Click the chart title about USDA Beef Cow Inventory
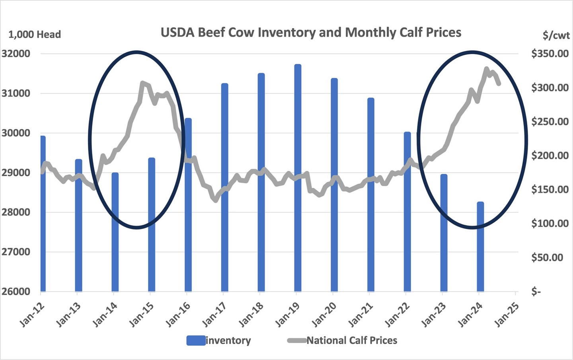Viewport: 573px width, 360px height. click(311, 32)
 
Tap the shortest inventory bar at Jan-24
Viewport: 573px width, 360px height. click(480, 247)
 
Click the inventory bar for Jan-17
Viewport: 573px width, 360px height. click(224, 187)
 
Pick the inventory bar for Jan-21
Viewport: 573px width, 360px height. click(370, 195)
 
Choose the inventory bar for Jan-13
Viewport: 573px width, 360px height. click(78, 225)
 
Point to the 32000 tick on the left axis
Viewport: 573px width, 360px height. click(16, 54)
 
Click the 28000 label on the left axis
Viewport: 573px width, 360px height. click(16, 212)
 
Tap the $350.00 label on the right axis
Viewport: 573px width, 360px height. click(550, 54)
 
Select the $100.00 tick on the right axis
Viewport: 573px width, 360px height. click(550, 224)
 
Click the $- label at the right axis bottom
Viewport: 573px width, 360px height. click(536, 292)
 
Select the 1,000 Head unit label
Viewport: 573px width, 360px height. click(35, 35)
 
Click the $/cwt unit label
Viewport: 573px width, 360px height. click(556, 35)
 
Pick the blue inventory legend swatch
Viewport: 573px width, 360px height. click(195, 341)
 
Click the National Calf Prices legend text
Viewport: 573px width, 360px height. click(352, 341)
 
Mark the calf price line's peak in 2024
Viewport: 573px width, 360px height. click(486, 69)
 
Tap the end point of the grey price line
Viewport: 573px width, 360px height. click(499, 84)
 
